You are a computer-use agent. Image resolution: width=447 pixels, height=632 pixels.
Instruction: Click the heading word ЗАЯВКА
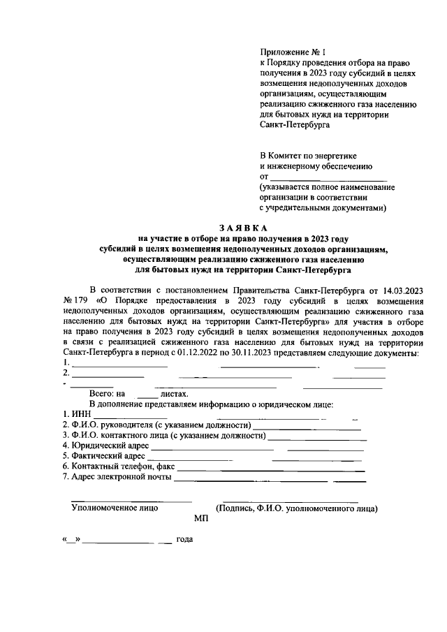pos(242,228)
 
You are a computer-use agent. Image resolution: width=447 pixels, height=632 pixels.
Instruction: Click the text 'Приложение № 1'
pos(287,52)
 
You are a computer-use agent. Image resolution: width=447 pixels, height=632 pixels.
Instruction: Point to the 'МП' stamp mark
pos(202,520)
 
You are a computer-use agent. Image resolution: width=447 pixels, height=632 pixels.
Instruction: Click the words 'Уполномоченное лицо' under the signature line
pos(115,508)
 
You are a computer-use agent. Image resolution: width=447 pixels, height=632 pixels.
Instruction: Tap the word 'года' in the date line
pos(184,540)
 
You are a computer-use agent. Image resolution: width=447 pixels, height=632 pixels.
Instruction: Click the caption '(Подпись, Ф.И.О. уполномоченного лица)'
pos(297,509)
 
